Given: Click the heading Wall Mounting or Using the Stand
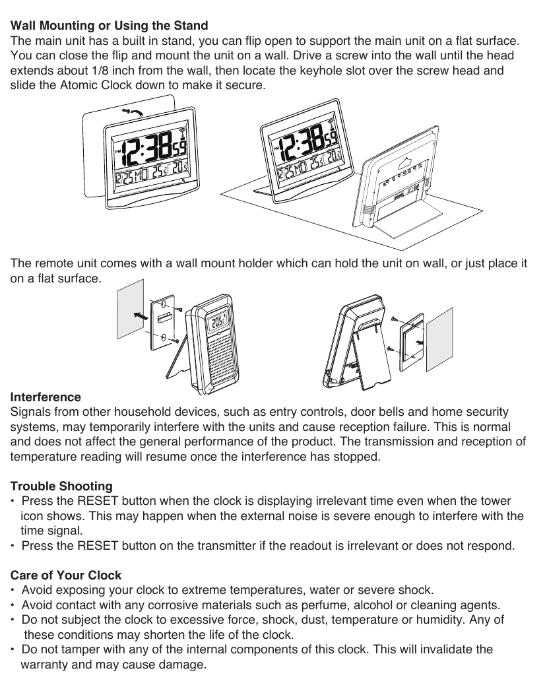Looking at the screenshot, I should [109, 26].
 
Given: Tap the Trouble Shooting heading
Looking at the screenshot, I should [61, 486].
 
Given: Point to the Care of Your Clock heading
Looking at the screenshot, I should [66, 575].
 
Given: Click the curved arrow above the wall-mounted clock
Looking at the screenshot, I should [135, 113].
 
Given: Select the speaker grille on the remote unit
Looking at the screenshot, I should [219, 360].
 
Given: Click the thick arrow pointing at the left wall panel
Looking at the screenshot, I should [140, 316].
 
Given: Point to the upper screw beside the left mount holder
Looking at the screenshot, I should [177, 308].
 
